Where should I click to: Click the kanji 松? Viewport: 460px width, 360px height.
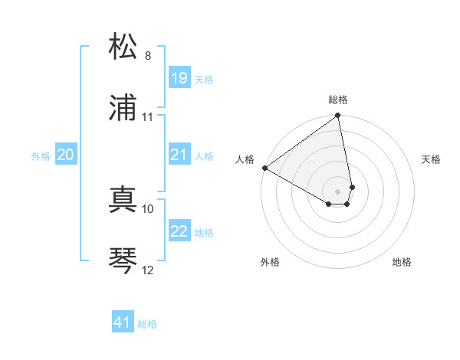click(123, 47)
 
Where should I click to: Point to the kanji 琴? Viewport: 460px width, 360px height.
click(123, 260)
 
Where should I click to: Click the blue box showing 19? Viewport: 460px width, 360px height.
click(179, 77)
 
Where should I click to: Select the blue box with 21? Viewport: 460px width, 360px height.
click(179, 155)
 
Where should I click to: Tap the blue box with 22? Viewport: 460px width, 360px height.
click(179, 231)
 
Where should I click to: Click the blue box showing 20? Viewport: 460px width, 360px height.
click(65, 155)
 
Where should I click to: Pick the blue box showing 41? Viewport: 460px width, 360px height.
click(123, 322)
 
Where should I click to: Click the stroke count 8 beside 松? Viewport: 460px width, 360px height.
click(148, 56)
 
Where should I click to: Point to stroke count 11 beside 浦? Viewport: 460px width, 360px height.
click(148, 117)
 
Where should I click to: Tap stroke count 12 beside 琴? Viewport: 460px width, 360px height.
click(148, 270)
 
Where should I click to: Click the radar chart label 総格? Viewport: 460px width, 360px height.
click(338, 100)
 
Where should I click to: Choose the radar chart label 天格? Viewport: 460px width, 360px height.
click(431, 159)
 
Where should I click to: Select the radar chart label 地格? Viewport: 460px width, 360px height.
click(402, 263)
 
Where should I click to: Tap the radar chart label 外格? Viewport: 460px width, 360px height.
click(270, 263)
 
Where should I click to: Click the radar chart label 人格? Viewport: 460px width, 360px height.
click(245, 159)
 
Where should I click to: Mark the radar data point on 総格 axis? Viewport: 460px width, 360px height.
click(338, 116)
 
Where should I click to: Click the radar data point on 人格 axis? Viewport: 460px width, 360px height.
click(264, 168)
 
